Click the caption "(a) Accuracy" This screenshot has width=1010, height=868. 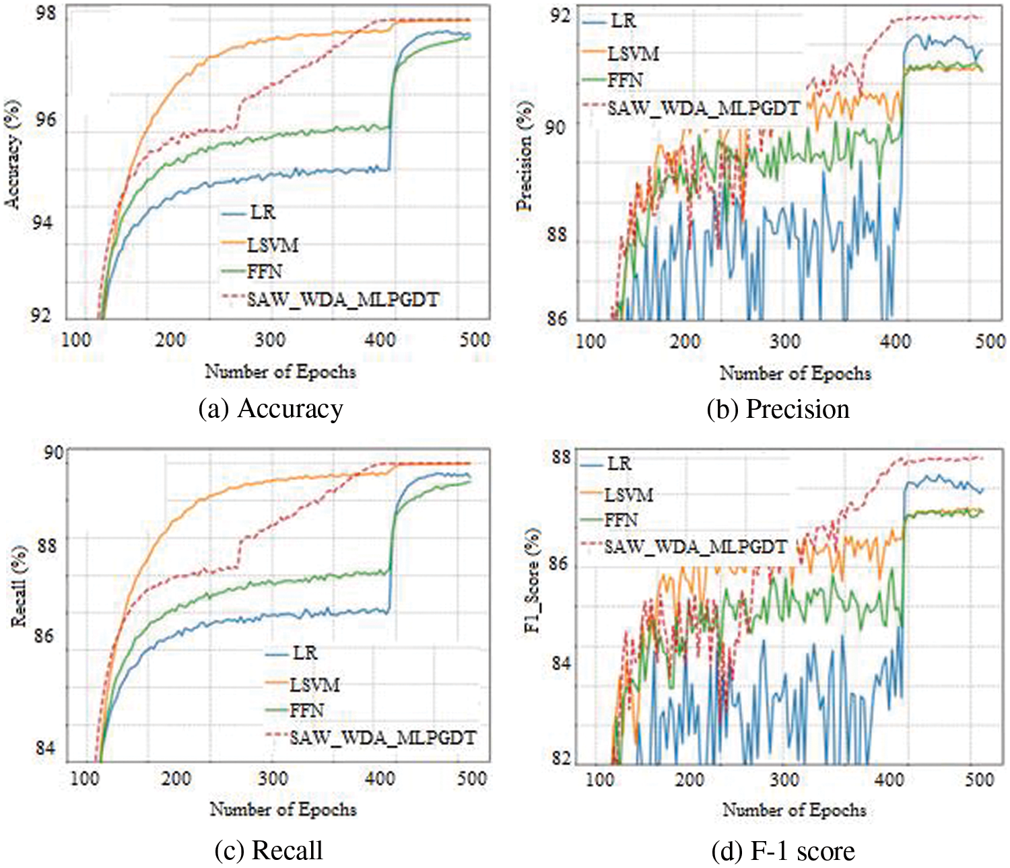[271, 409]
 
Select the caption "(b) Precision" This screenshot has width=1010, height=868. [778, 409]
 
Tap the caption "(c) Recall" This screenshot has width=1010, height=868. [269, 851]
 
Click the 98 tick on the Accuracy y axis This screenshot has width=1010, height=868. [46, 14]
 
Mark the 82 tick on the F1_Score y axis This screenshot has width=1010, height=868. [558, 758]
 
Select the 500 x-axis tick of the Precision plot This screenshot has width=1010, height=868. [990, 341]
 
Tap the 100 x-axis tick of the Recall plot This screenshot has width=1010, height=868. [84, 779]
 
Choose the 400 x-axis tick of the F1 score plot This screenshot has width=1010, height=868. [889, 780]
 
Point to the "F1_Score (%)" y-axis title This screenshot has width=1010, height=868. [533, 580]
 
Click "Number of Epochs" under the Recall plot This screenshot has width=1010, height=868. [283, 809]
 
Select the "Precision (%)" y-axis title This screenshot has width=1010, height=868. [526, 156]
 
